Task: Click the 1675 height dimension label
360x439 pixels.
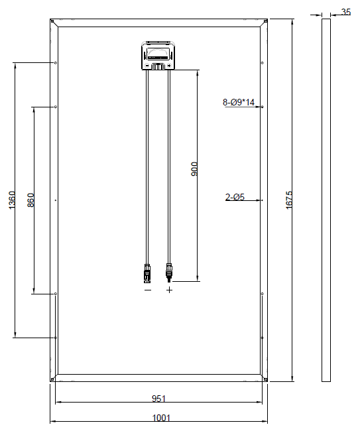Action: pos(289,200)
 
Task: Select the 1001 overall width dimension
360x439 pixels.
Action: pos(161,418)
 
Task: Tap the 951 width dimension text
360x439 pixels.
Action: pos(158,399)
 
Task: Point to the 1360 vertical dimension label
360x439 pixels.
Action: pos(12,200)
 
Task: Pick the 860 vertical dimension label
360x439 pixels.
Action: pos(30,200)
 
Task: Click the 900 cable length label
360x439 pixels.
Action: pos(194,169)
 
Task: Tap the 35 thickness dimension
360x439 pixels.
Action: pos(346,12)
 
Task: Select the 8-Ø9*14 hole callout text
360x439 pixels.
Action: pos(239,102)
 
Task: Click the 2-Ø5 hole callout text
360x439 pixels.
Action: pos(235,197)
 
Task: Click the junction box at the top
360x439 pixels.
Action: pos(158,56)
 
